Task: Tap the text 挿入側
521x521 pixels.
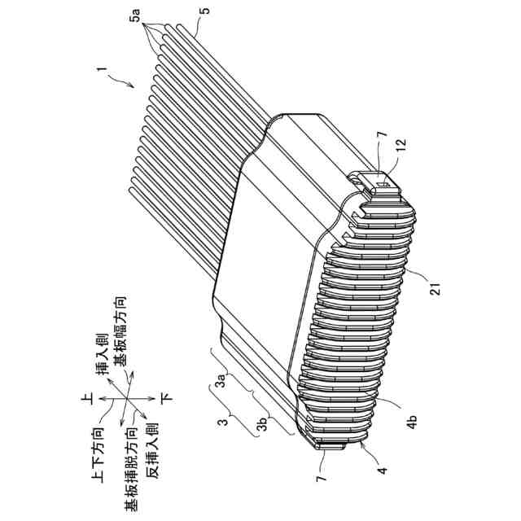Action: (105, 356)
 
